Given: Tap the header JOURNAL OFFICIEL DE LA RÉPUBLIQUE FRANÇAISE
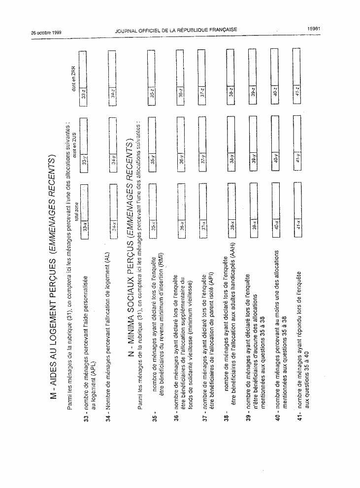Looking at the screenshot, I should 176,31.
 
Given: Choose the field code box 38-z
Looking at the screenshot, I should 231,92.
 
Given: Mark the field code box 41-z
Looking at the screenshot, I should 297,92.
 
